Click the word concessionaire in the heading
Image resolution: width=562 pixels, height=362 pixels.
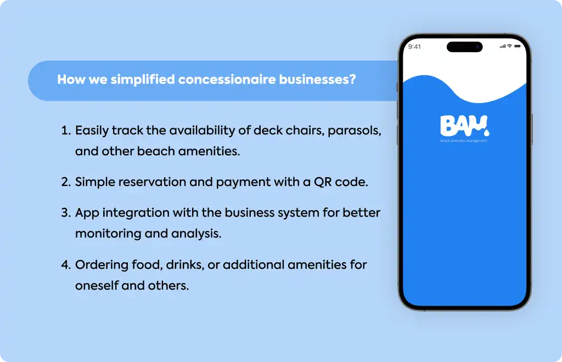227,80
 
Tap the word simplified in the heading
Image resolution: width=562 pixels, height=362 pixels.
143,80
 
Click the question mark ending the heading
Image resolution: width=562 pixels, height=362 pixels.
353,79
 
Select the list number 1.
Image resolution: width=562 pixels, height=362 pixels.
66,131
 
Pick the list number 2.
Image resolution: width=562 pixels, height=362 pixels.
66,182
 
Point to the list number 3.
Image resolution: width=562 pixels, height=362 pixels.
66,213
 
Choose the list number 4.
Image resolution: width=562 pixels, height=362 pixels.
66,264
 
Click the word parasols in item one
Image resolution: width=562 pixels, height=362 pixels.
354,131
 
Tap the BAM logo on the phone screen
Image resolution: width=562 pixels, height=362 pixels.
464,126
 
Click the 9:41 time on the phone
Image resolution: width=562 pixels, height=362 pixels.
414,47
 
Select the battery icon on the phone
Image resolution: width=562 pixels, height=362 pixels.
517,46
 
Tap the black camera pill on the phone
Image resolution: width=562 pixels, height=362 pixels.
464,47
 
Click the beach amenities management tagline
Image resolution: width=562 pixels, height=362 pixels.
464,141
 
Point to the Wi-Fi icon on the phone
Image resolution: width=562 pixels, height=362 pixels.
509,46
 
